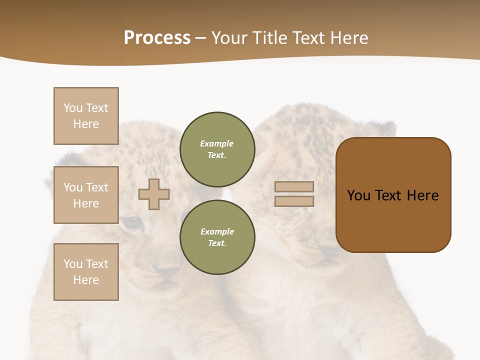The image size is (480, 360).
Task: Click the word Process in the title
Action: (157, 38)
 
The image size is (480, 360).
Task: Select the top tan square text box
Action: (86, 116)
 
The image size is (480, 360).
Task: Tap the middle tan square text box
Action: (86, 195)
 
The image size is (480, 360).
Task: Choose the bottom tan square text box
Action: (86, 272)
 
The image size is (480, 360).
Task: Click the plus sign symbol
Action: (154, 194)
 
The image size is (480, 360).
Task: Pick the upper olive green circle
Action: (217, 149)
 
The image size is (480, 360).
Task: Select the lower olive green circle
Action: (217, 237)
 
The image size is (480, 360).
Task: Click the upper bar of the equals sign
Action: (294, 186)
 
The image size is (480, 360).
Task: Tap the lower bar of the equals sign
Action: (294, 201)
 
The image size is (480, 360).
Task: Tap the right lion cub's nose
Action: (327, 250)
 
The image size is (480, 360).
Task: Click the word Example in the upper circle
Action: (217, 143)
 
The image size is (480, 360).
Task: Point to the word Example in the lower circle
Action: (217, 231)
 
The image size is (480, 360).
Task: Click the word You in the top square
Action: (73, 108)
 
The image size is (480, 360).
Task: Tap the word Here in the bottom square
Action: (86, 280)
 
